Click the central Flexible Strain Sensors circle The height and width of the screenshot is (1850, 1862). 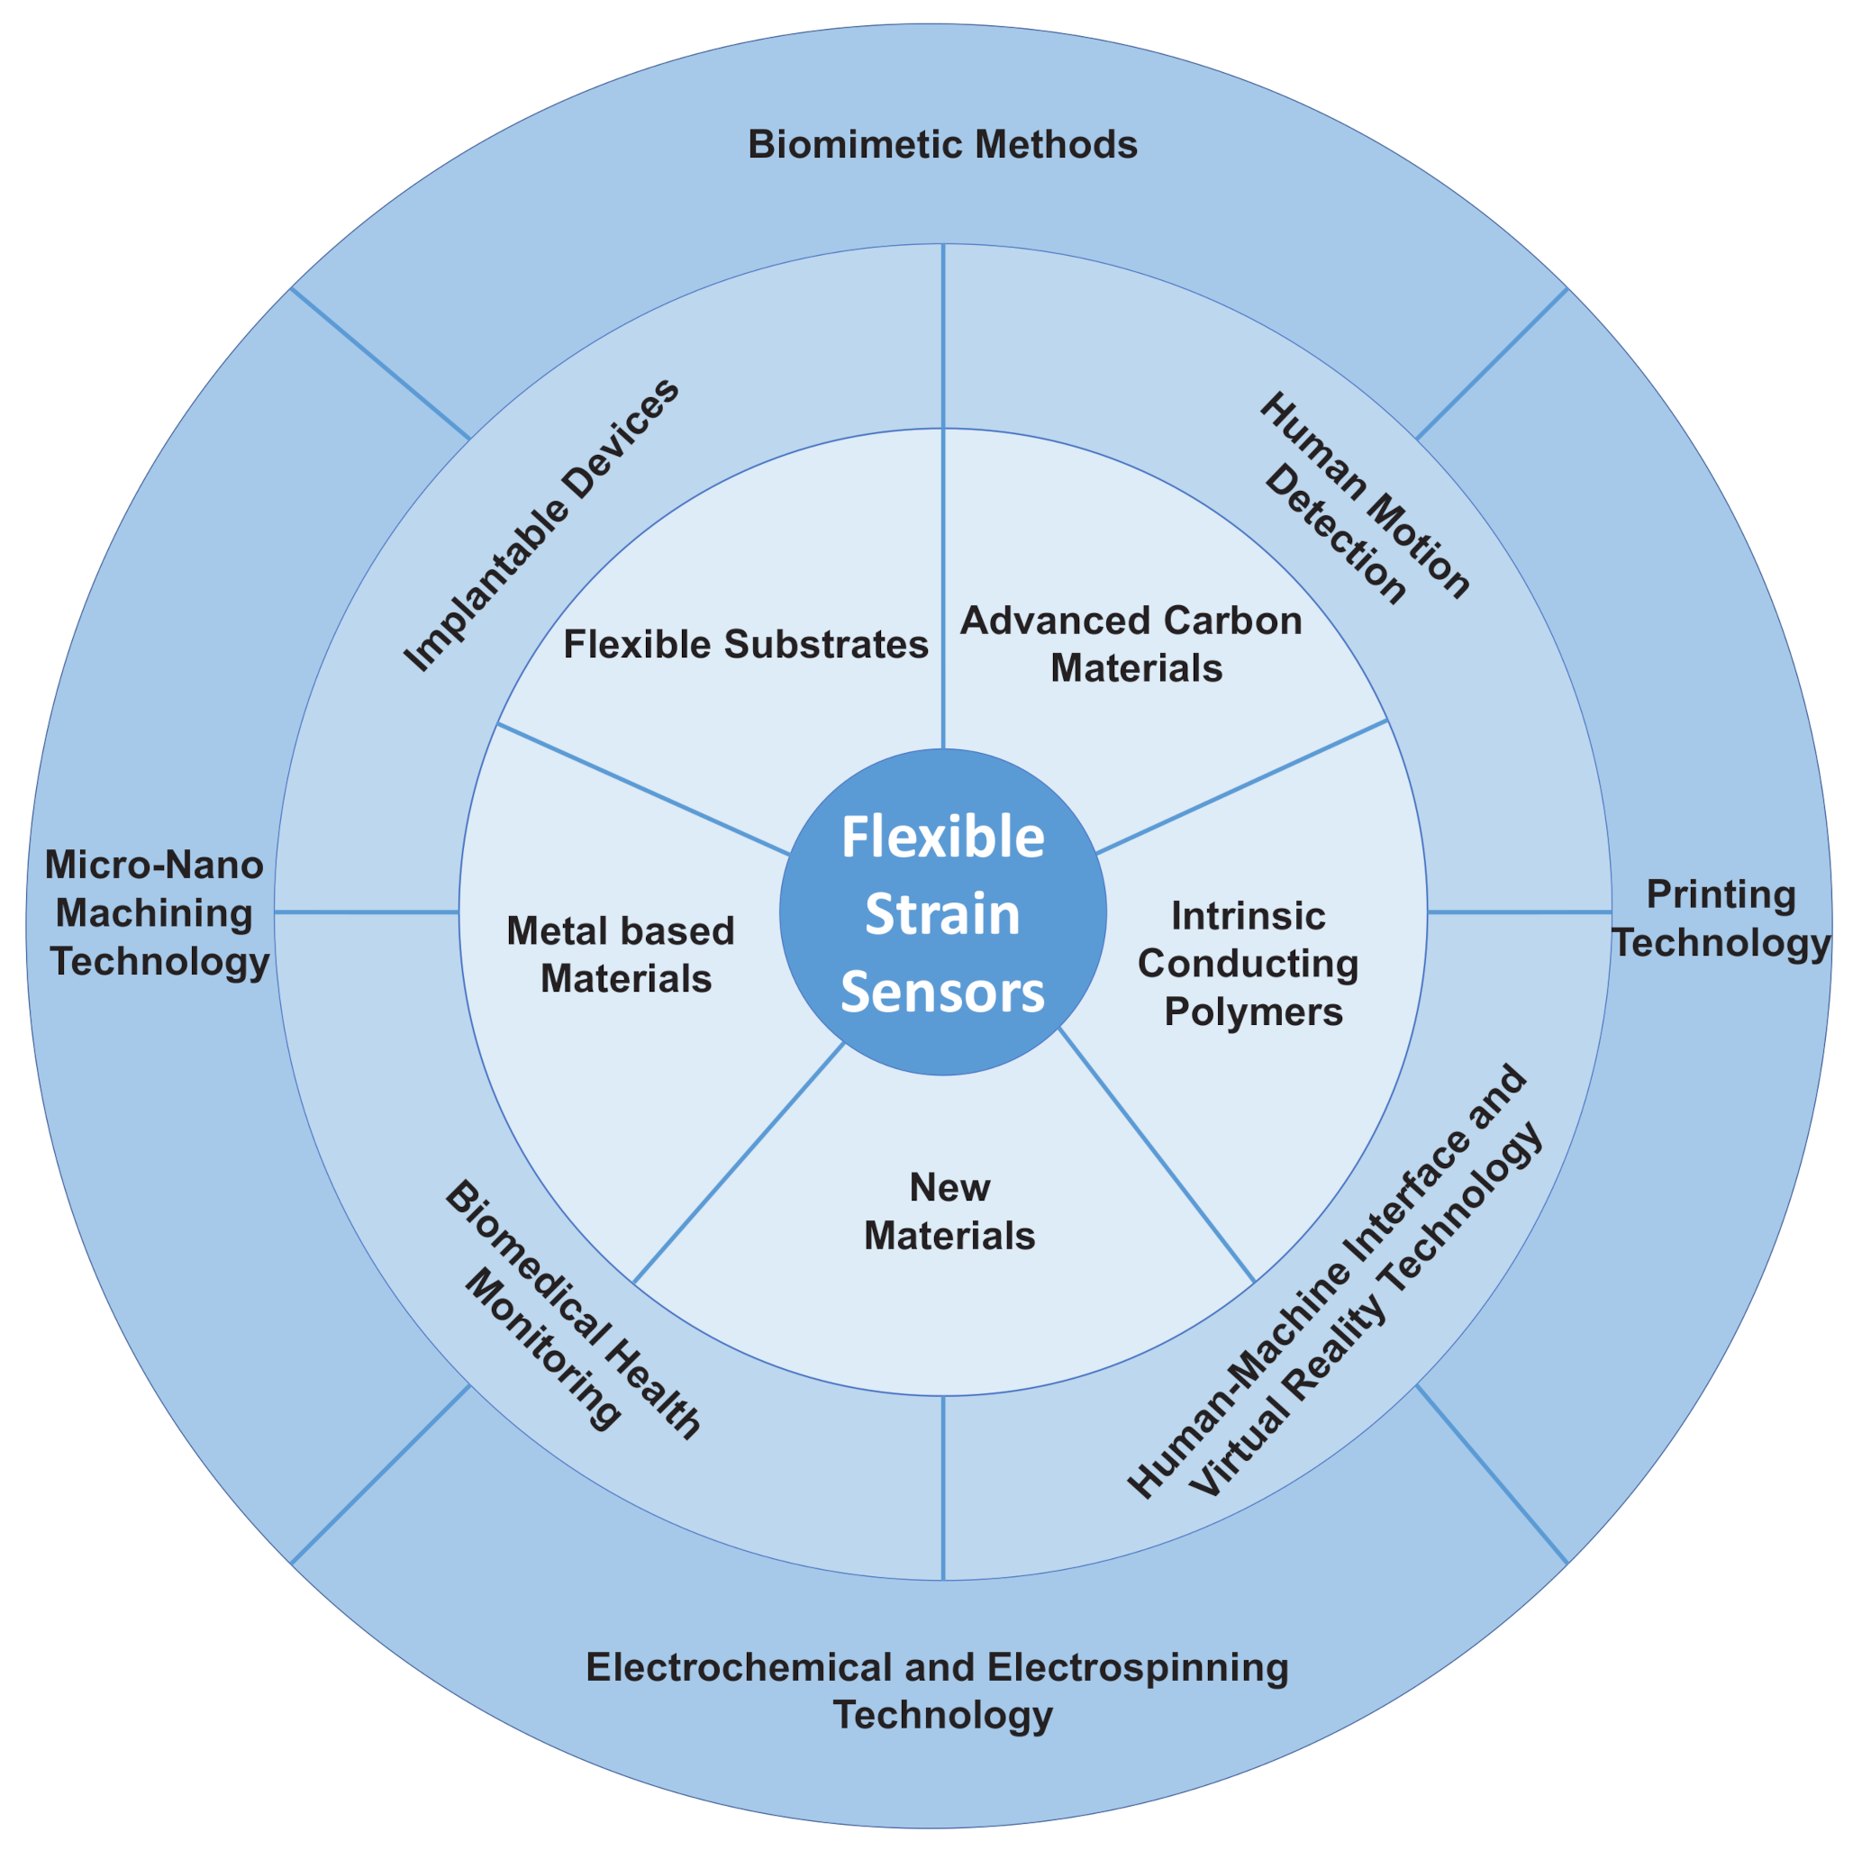[x=941, y=911]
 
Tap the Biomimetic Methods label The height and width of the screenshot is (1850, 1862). [x=941, y=144]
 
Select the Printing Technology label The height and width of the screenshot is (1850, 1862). [x=1721, y=919]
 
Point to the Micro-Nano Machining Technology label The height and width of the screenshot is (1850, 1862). [x=157, y=912]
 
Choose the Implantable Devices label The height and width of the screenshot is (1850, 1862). [x=540, y=525]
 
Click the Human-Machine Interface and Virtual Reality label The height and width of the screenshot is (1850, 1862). [x=1336, y=1283]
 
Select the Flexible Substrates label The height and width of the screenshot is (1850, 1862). [x=745, y=645]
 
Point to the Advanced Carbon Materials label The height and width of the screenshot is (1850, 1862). [x=1132, y=644]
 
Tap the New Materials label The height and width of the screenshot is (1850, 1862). [x=949, y=1211]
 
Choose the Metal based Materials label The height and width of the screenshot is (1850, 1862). [x=622, y=954]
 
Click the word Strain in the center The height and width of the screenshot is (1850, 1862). [x=941, y=914]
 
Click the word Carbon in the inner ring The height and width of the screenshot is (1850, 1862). [x=1232, y=621]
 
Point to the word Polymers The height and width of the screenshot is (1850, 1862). [x=1253, y=1011]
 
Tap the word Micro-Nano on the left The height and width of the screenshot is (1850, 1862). [x=154, y=865]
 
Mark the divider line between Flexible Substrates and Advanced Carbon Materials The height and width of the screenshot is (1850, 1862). [x=942, y=588]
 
